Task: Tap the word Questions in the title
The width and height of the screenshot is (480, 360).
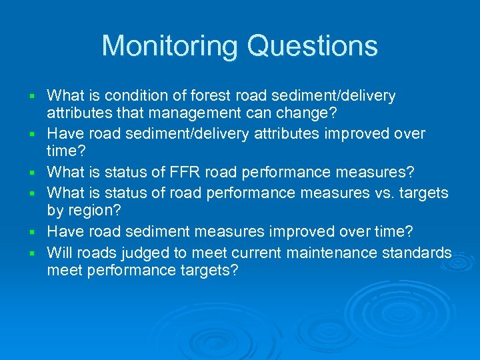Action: point(313,46)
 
